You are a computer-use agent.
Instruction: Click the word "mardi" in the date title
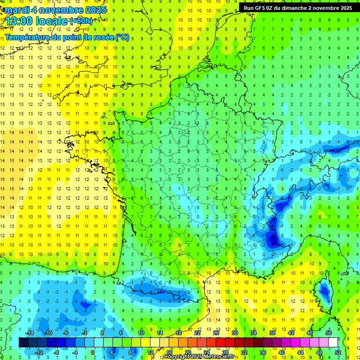(x=16, y=10)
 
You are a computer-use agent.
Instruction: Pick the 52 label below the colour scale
(x=338, y=352)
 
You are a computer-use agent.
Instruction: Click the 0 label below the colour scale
(x=93, y=352)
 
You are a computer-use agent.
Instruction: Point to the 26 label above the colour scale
(x=216, y=332)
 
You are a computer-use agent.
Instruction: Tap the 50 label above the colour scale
(x=328, y=332)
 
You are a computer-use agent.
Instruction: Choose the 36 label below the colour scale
(x=263, y=352)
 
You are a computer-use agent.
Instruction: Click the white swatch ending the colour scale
(x=333, y=342)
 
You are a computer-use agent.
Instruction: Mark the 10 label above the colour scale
(x=141, y=332)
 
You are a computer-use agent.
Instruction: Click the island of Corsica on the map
(x=322, y=291)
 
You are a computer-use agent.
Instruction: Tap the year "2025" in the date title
(x=94, y=10)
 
